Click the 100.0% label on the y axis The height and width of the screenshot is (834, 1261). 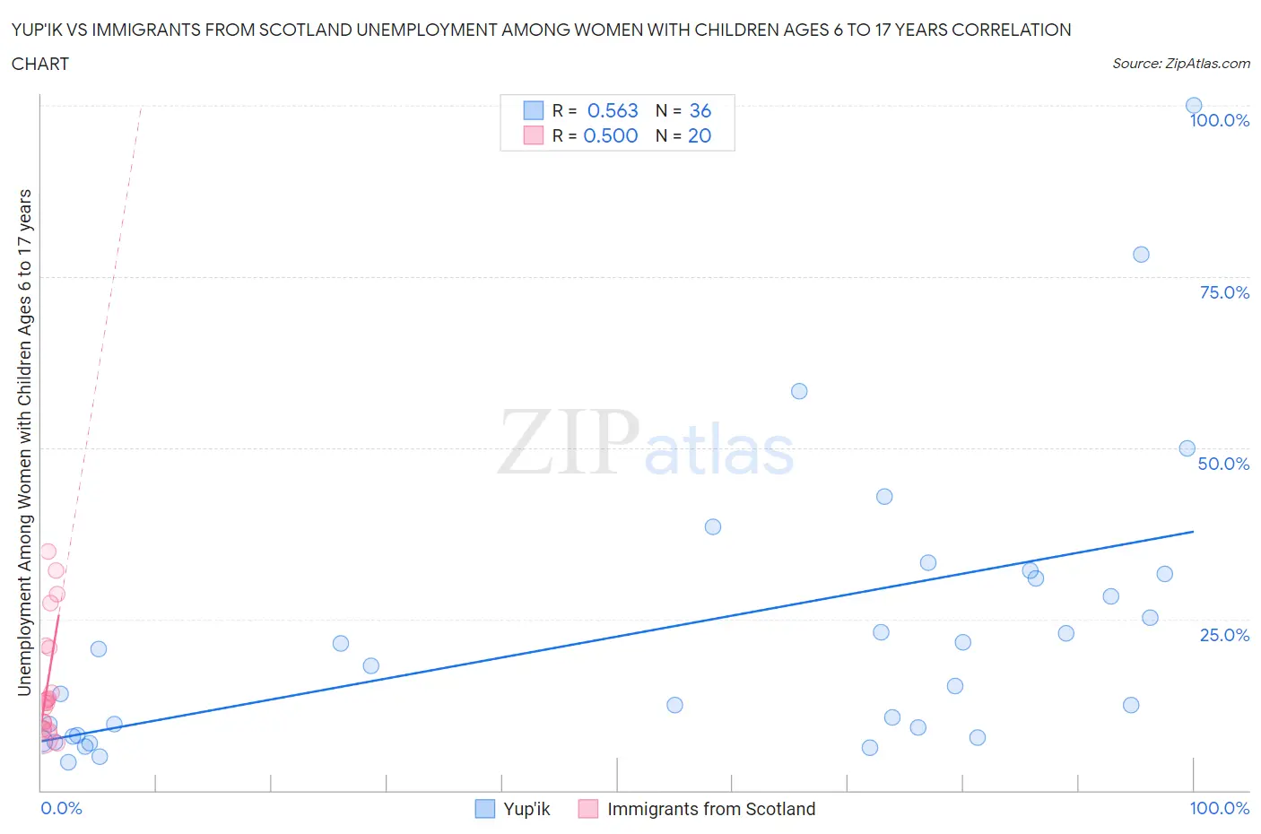[1219, 121]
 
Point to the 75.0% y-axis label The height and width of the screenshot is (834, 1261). [1224, 293]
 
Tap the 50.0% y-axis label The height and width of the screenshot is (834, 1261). [1223, 465]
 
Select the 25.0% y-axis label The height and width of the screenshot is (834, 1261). [1224, 636]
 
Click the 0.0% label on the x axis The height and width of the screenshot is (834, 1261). [61, 809]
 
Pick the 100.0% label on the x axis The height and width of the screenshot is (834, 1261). [1219, 809]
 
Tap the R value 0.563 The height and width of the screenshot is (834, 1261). [613, 111]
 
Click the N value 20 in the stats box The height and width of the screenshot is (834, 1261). [700, 136]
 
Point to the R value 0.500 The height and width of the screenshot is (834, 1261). [611, 136]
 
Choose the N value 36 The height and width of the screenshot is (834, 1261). [700, 111]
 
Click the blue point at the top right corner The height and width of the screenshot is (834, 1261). [1194, 106]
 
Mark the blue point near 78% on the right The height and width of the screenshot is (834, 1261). [1141, 255]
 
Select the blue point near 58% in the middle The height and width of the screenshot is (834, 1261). [799, 391]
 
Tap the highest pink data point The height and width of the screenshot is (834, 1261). [48, 552]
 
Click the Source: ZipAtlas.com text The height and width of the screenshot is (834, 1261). [1180, 64]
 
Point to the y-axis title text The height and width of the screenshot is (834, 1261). [24, 442]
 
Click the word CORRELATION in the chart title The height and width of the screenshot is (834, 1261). [1011, 30]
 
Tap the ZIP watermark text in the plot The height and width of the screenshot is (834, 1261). [569, 442]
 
